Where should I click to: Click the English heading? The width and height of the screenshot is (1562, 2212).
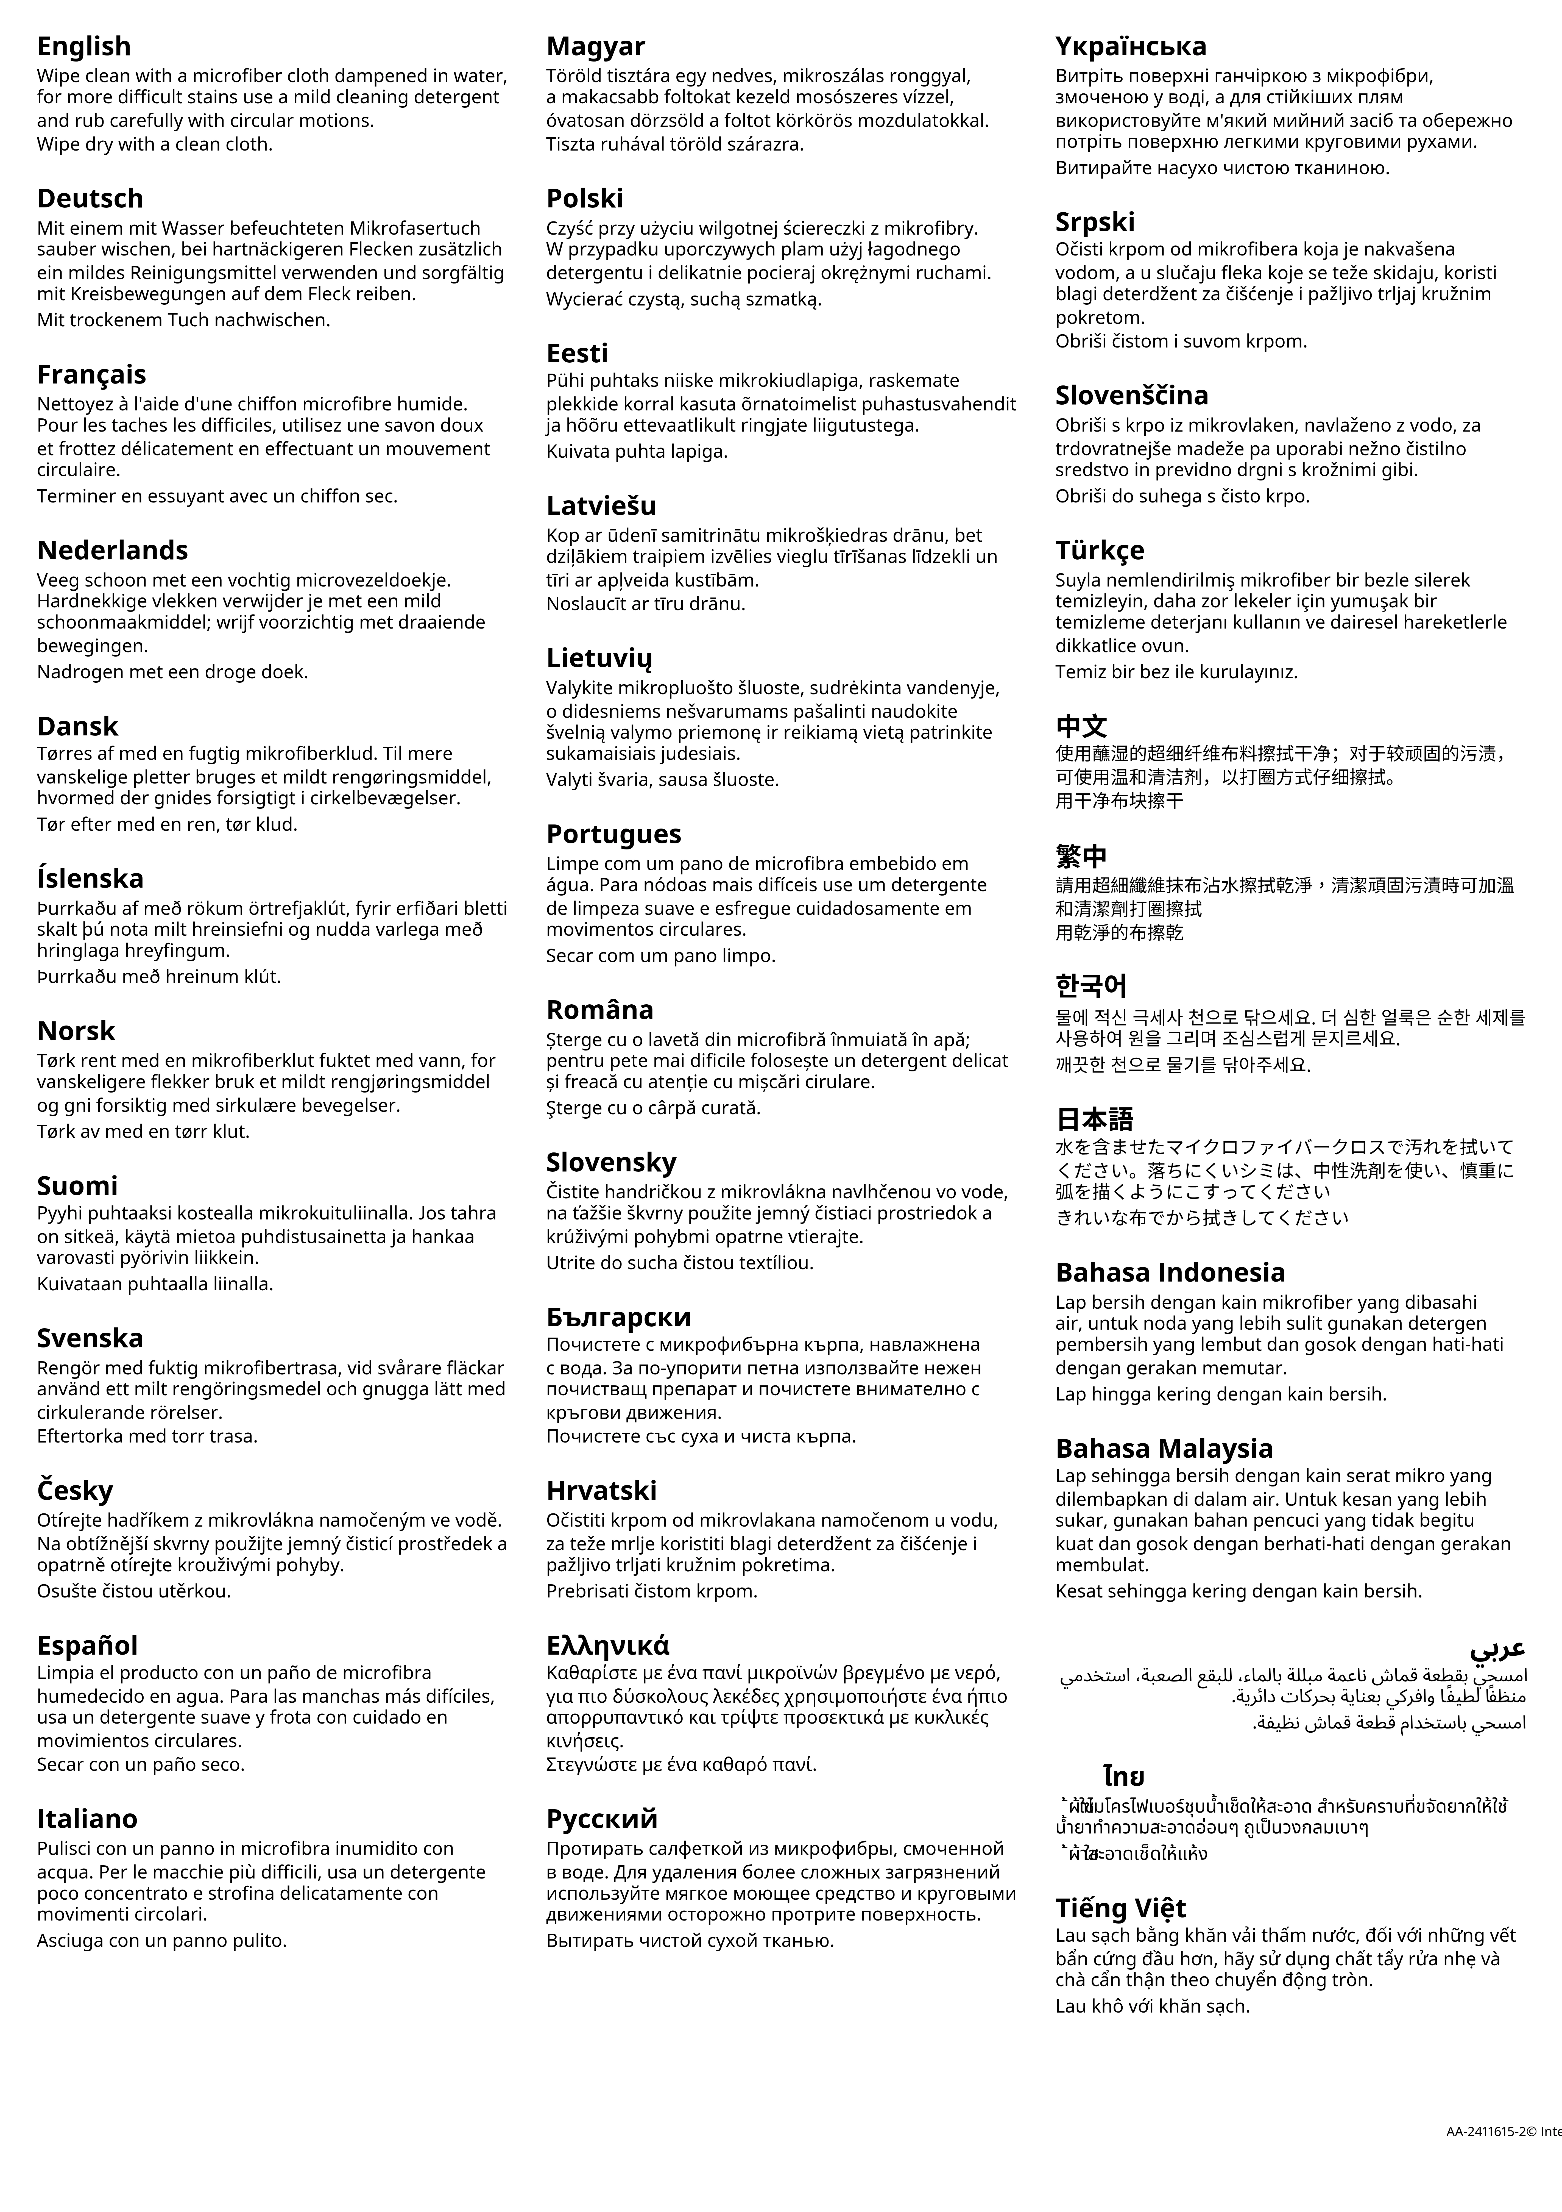click(x=84, y=46)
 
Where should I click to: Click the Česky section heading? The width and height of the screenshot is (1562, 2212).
click(x=75, y=1490)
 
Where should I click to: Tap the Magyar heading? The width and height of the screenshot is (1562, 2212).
click(x=595, y=46)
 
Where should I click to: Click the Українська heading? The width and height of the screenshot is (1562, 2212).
click(x=1131, y=46)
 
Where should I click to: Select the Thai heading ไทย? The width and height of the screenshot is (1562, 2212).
click(x=1124, y=1775)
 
